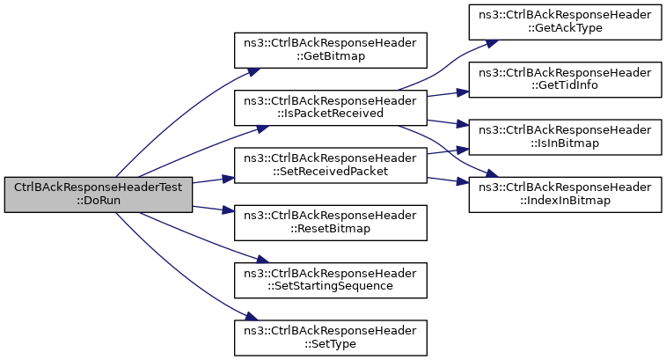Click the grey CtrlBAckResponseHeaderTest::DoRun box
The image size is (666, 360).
[99, 195]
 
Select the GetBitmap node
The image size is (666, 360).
[331, 50]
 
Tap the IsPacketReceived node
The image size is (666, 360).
[331, 107]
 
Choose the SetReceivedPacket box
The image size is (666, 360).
[331, 165]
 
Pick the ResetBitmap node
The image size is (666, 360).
[331, 223]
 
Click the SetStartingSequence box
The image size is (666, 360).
[331, 280]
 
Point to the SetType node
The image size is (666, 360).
[331, 338]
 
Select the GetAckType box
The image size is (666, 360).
[566, 22]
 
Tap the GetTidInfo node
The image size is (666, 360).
[566, 79]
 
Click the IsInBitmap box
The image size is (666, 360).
[566, 136]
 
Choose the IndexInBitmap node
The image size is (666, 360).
[566, 195]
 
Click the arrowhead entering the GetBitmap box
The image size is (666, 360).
[254, 71]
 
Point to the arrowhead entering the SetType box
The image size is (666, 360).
[252, 317]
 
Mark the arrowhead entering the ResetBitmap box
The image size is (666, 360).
[229, 210]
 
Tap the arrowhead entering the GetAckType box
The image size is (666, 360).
[492, 43]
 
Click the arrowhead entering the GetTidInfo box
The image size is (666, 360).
[463, 92]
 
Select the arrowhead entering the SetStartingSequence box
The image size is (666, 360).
[262, 259]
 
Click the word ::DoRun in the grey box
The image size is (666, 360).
[99, 200]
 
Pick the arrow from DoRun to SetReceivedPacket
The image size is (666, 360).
[213, 180]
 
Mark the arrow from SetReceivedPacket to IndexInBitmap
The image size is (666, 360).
[448, 180]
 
